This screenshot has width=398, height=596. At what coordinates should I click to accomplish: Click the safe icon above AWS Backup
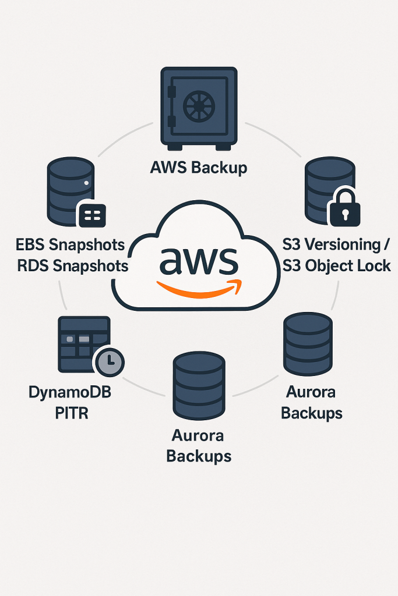tap(198, 108)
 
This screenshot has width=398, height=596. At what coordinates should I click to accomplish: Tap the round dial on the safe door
tap(199, 107)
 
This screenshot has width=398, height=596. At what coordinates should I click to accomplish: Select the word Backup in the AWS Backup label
tap(220, 168)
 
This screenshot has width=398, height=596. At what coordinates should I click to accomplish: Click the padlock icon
tap(344, 207)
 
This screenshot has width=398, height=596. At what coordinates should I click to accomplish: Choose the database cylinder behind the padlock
tap(328, 186)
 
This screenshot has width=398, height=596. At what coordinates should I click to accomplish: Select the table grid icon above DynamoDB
tap(83, 343)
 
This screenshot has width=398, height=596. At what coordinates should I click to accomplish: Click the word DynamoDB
tap(69, 392)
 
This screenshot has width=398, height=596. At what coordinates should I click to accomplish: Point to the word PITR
tap(70, 413)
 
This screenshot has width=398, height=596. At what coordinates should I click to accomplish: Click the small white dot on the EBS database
tap(86, 183)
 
